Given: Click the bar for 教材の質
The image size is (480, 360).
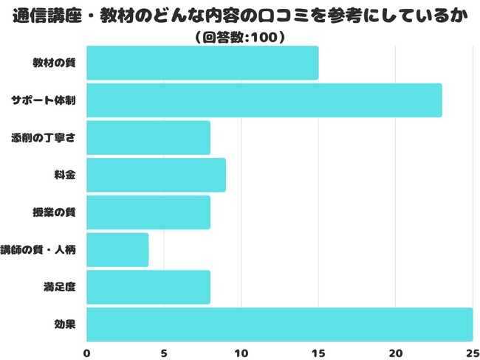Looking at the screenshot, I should [202, 63].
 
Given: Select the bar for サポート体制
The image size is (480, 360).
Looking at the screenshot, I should [264, 100].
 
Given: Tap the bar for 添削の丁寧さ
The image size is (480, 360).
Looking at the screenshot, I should [148, 138].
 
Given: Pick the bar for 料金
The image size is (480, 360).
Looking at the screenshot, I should [156, 175].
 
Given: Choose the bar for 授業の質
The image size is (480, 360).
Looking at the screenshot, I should [148, 212].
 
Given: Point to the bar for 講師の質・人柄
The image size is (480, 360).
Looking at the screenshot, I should [117, 250].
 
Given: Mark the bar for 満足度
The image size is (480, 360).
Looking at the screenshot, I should [148, 288].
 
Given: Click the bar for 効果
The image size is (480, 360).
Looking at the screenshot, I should [280, 325].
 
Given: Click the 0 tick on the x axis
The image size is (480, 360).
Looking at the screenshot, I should [87, 353].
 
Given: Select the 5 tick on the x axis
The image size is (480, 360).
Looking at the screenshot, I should [164, 353].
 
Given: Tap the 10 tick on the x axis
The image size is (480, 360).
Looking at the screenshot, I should [241, 353].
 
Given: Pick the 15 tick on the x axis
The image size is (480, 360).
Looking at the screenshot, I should [318, 353].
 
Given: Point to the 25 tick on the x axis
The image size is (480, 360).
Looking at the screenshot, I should [472, 353].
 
